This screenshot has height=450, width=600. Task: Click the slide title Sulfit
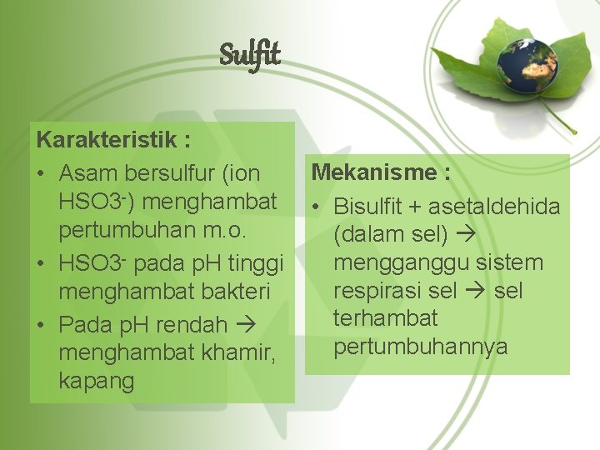(x=250, y=56)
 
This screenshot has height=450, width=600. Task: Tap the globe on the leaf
(x=527, y=65)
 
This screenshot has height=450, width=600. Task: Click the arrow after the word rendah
(x=247, y=324)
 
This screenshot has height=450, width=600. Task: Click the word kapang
(x=96, y=381)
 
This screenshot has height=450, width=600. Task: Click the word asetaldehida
(x=499, y=207)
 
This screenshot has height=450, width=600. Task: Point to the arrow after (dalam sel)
(x=464, y=235)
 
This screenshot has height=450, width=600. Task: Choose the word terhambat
(x=385, y=318)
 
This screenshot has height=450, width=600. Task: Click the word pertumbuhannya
(x=420, y=346)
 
